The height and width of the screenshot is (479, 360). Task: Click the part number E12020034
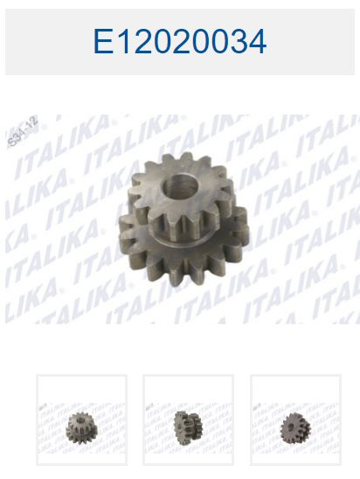180,42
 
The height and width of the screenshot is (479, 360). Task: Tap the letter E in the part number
103,42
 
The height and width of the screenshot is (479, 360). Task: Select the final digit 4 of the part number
257,42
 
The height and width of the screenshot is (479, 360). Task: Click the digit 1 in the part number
123,42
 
